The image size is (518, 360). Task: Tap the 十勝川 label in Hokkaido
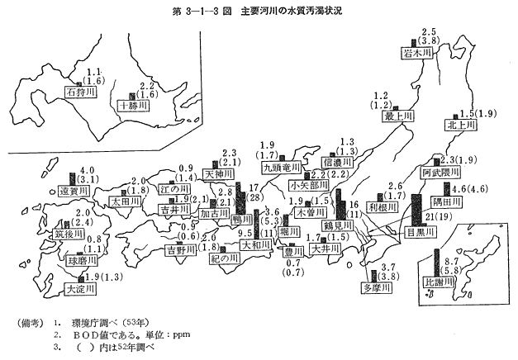tap(132, 106)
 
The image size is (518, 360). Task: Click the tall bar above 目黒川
tap(415, 210)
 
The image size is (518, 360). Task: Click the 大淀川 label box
tap(80, 289)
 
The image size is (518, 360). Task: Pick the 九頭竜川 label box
tap(278, 168)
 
